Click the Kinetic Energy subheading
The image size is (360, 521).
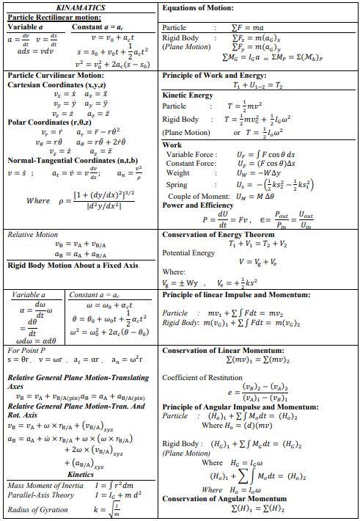pyautogui.click(x=188, y=95)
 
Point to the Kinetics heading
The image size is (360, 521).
pyautogui.click(x=81, y=474)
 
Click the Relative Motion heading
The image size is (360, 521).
pyautogui.click(x=32, y=235)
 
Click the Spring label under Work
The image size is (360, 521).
pyautogui.click(x=177, y=184)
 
